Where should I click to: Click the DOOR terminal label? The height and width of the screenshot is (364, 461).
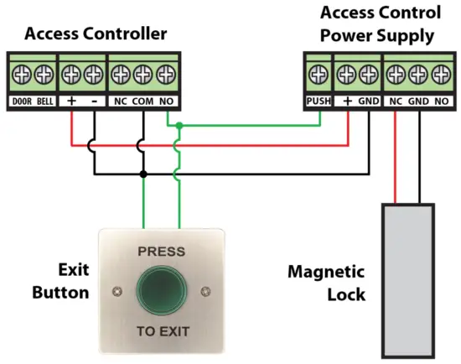22,101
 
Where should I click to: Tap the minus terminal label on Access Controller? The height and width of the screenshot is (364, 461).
94,101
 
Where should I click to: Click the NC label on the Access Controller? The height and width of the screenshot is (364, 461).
121,101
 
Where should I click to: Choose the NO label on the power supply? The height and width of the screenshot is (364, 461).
440,101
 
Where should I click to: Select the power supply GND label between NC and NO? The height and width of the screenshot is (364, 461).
417,101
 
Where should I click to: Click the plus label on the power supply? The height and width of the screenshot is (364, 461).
346,101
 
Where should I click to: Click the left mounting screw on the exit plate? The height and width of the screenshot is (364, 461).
115,292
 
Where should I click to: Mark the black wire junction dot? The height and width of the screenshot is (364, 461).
144,174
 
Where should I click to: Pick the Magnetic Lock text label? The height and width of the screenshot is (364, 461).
326,283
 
